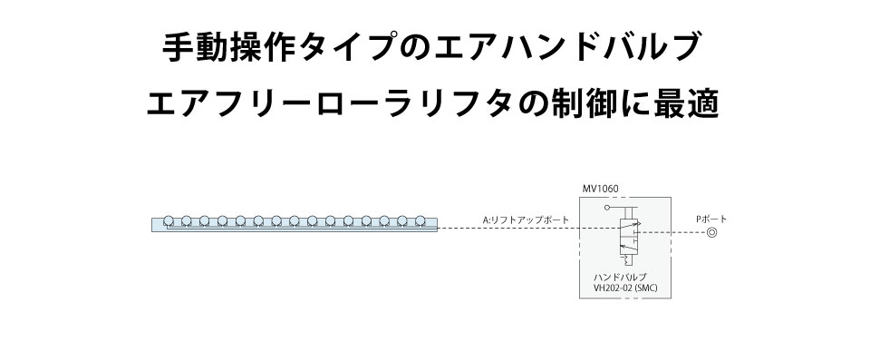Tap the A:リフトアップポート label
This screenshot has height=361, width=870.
[x=527, y=220]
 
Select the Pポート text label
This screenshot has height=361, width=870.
[x=711, y=219]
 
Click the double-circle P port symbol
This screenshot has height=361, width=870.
[x=711, y=233]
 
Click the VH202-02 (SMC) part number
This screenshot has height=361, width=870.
[x=624, y=290]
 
